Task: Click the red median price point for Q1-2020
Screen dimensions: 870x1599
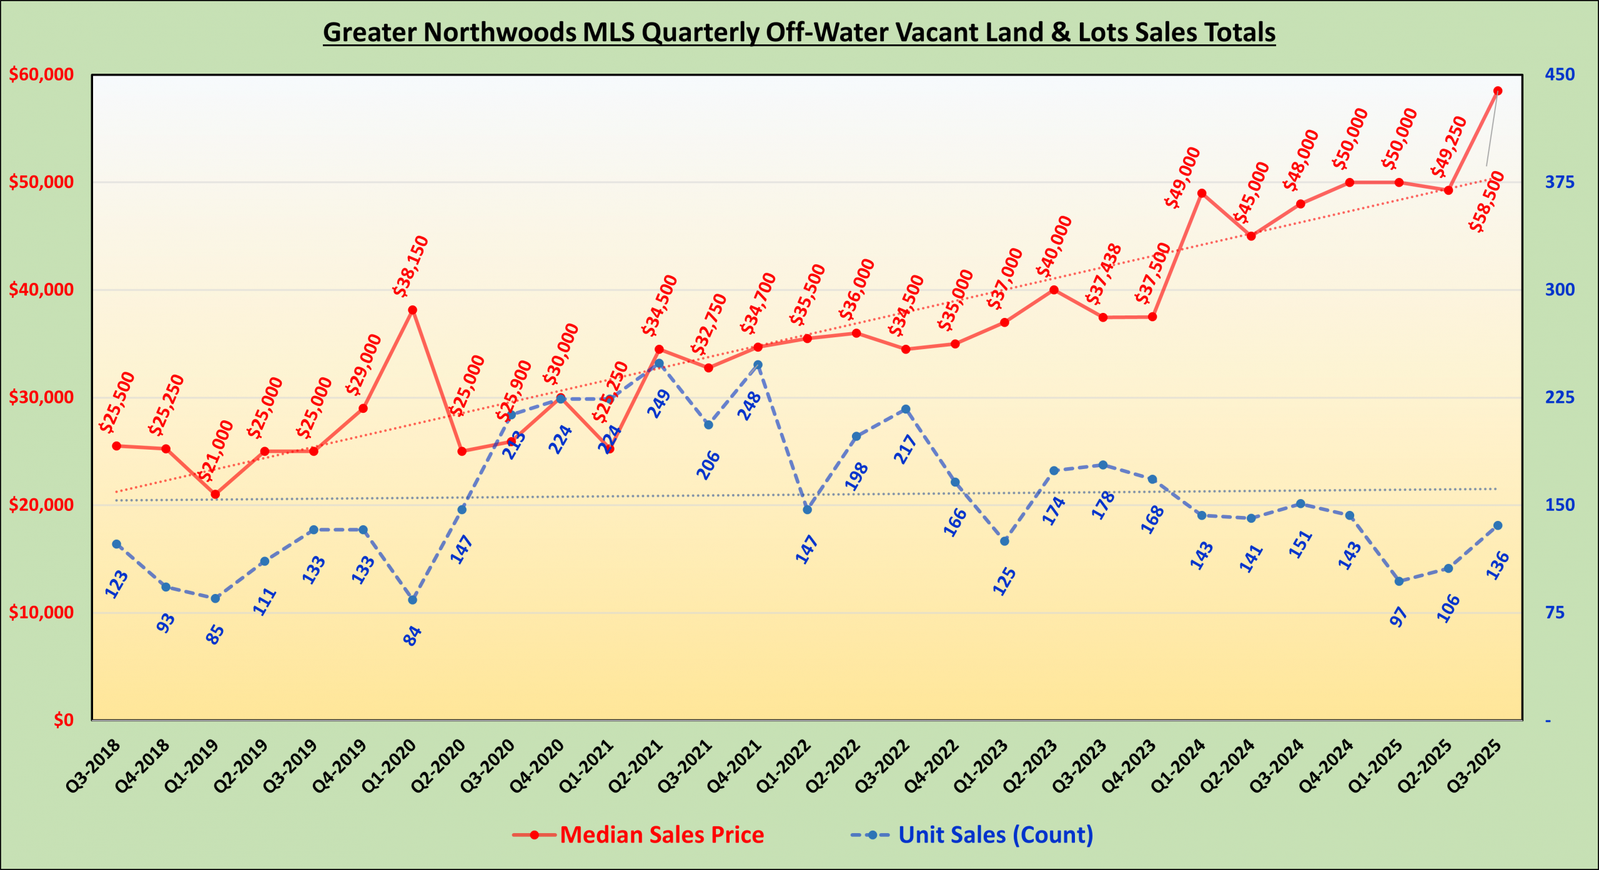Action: [x=412, y=310]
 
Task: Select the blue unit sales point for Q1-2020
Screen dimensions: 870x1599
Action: [x=412, y=600]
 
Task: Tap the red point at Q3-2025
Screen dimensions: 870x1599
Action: [x=1498, y=91]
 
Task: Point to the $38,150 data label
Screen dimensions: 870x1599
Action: [x=410, y=265]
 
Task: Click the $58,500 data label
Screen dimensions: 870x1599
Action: [x=1487, y=202]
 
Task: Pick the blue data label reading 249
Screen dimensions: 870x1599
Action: [x=659, y=403]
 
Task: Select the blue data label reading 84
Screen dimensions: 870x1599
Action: [x=412, y=636]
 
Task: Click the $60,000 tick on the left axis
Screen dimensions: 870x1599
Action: [x=41, y=75]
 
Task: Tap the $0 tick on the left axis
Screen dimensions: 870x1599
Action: [x=63, y=720]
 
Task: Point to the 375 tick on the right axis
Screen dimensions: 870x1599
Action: [x=1560, y=182]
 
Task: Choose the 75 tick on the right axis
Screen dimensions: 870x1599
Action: [x=1555, y=613]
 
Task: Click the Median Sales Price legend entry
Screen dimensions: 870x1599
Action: [x=661, y=835]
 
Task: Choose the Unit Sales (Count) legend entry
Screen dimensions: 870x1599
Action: [x=995, y=835]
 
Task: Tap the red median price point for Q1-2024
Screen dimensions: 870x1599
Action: [x=1202, y=193]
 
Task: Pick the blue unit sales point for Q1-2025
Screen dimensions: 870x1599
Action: [x=1399, y=581]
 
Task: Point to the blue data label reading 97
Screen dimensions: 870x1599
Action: [x=1399, y=617]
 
